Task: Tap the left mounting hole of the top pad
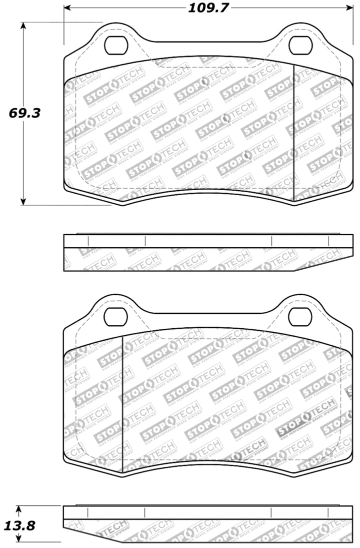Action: (x=116, y=46)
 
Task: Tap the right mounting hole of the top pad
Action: (x=302, y=46)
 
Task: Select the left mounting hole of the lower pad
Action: (x=116, y=316)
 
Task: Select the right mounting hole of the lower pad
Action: (x=302, y=316)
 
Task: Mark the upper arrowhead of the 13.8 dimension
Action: (x=18, y=509)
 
